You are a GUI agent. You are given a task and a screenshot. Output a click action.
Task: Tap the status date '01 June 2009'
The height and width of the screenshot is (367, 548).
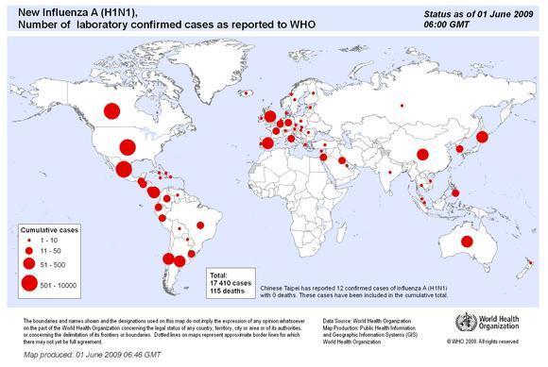tap(478, 12)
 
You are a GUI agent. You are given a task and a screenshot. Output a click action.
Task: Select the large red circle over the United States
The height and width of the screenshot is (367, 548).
tap(126, 146)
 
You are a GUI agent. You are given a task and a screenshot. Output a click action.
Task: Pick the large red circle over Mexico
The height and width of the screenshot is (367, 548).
tap(123, 171)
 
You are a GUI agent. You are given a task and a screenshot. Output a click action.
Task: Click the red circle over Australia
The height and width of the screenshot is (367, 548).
tap(467, 242)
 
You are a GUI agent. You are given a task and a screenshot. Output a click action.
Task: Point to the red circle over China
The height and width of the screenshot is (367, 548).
tap(422, 154)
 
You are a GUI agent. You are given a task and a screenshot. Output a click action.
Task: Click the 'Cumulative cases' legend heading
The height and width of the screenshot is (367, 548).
tap(50, 228)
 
